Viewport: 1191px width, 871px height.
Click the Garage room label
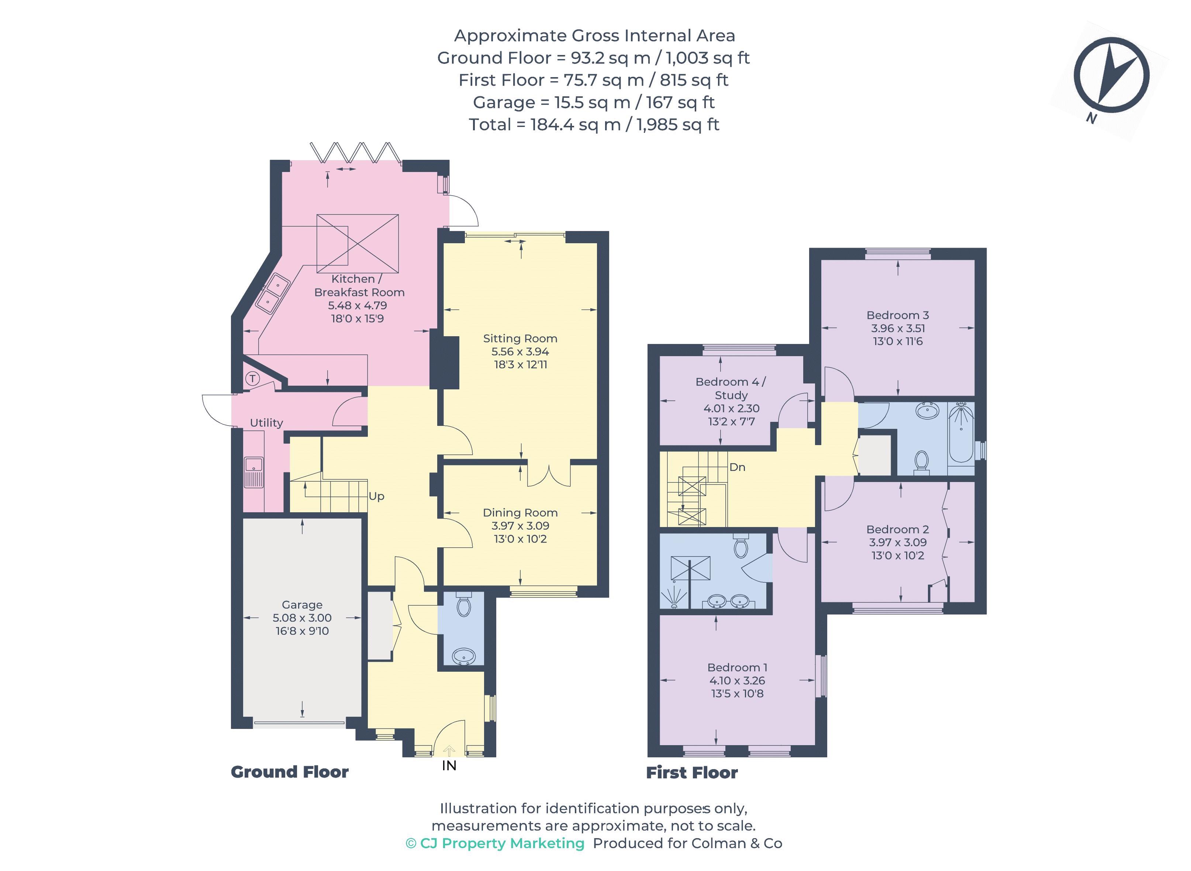coord(301,605)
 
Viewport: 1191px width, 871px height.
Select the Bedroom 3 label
coord(897,315)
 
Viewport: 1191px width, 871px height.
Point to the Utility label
coord(266,423)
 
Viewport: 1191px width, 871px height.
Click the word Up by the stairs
coord(376,496)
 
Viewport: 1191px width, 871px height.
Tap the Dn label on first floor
coord(737,467)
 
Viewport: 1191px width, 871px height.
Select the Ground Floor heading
coord(289,772)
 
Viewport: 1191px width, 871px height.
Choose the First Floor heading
coord(691,772)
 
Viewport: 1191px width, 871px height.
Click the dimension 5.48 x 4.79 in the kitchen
coord(357,305)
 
